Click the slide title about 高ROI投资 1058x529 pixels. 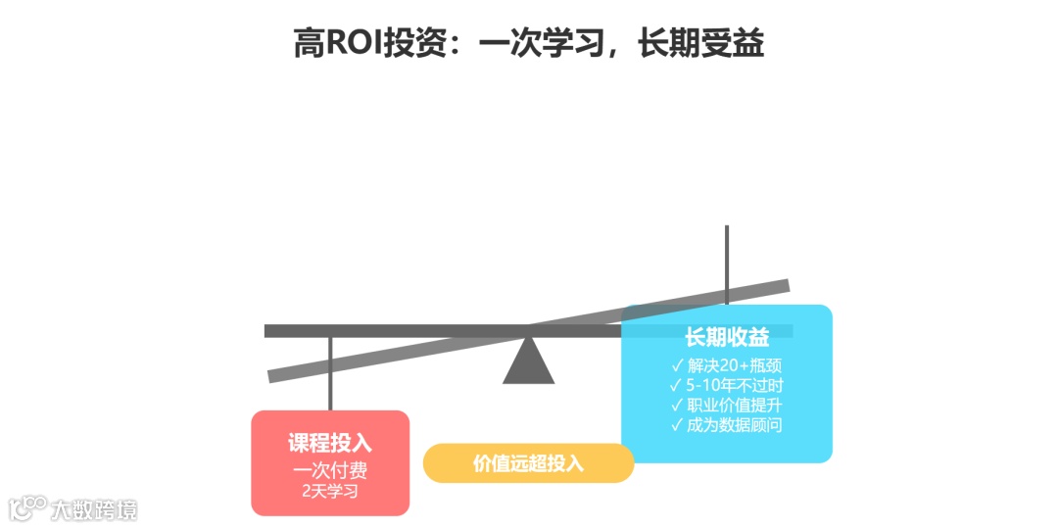[x=529, y=43]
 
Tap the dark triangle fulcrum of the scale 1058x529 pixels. [x=529, y=361]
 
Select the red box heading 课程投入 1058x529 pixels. [x=330, y=443]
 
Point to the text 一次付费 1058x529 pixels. [x=330, y=470]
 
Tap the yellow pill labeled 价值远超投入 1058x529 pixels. [x=528, y=463]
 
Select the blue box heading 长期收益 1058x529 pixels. [x=727, y=338]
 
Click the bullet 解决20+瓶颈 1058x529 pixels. [x=735, y=366]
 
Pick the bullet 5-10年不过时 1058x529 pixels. [x=735, y=386]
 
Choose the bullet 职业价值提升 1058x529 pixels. [x=735, y=406]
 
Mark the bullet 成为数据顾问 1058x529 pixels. [x=735, y=425]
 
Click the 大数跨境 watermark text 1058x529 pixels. [x=94, y=509]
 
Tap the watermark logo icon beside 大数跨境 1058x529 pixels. [x=27, y=507]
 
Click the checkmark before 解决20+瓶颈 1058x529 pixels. [x=677, y=366]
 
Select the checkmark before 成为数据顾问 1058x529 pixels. [x=677, y=425]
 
